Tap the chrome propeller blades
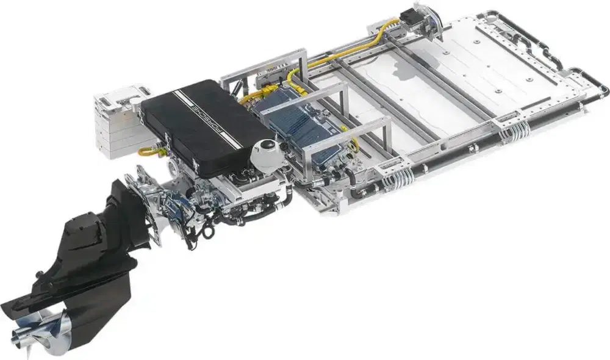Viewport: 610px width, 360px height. tap(43, 331)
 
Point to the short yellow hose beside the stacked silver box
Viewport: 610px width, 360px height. tap(149, 150)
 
